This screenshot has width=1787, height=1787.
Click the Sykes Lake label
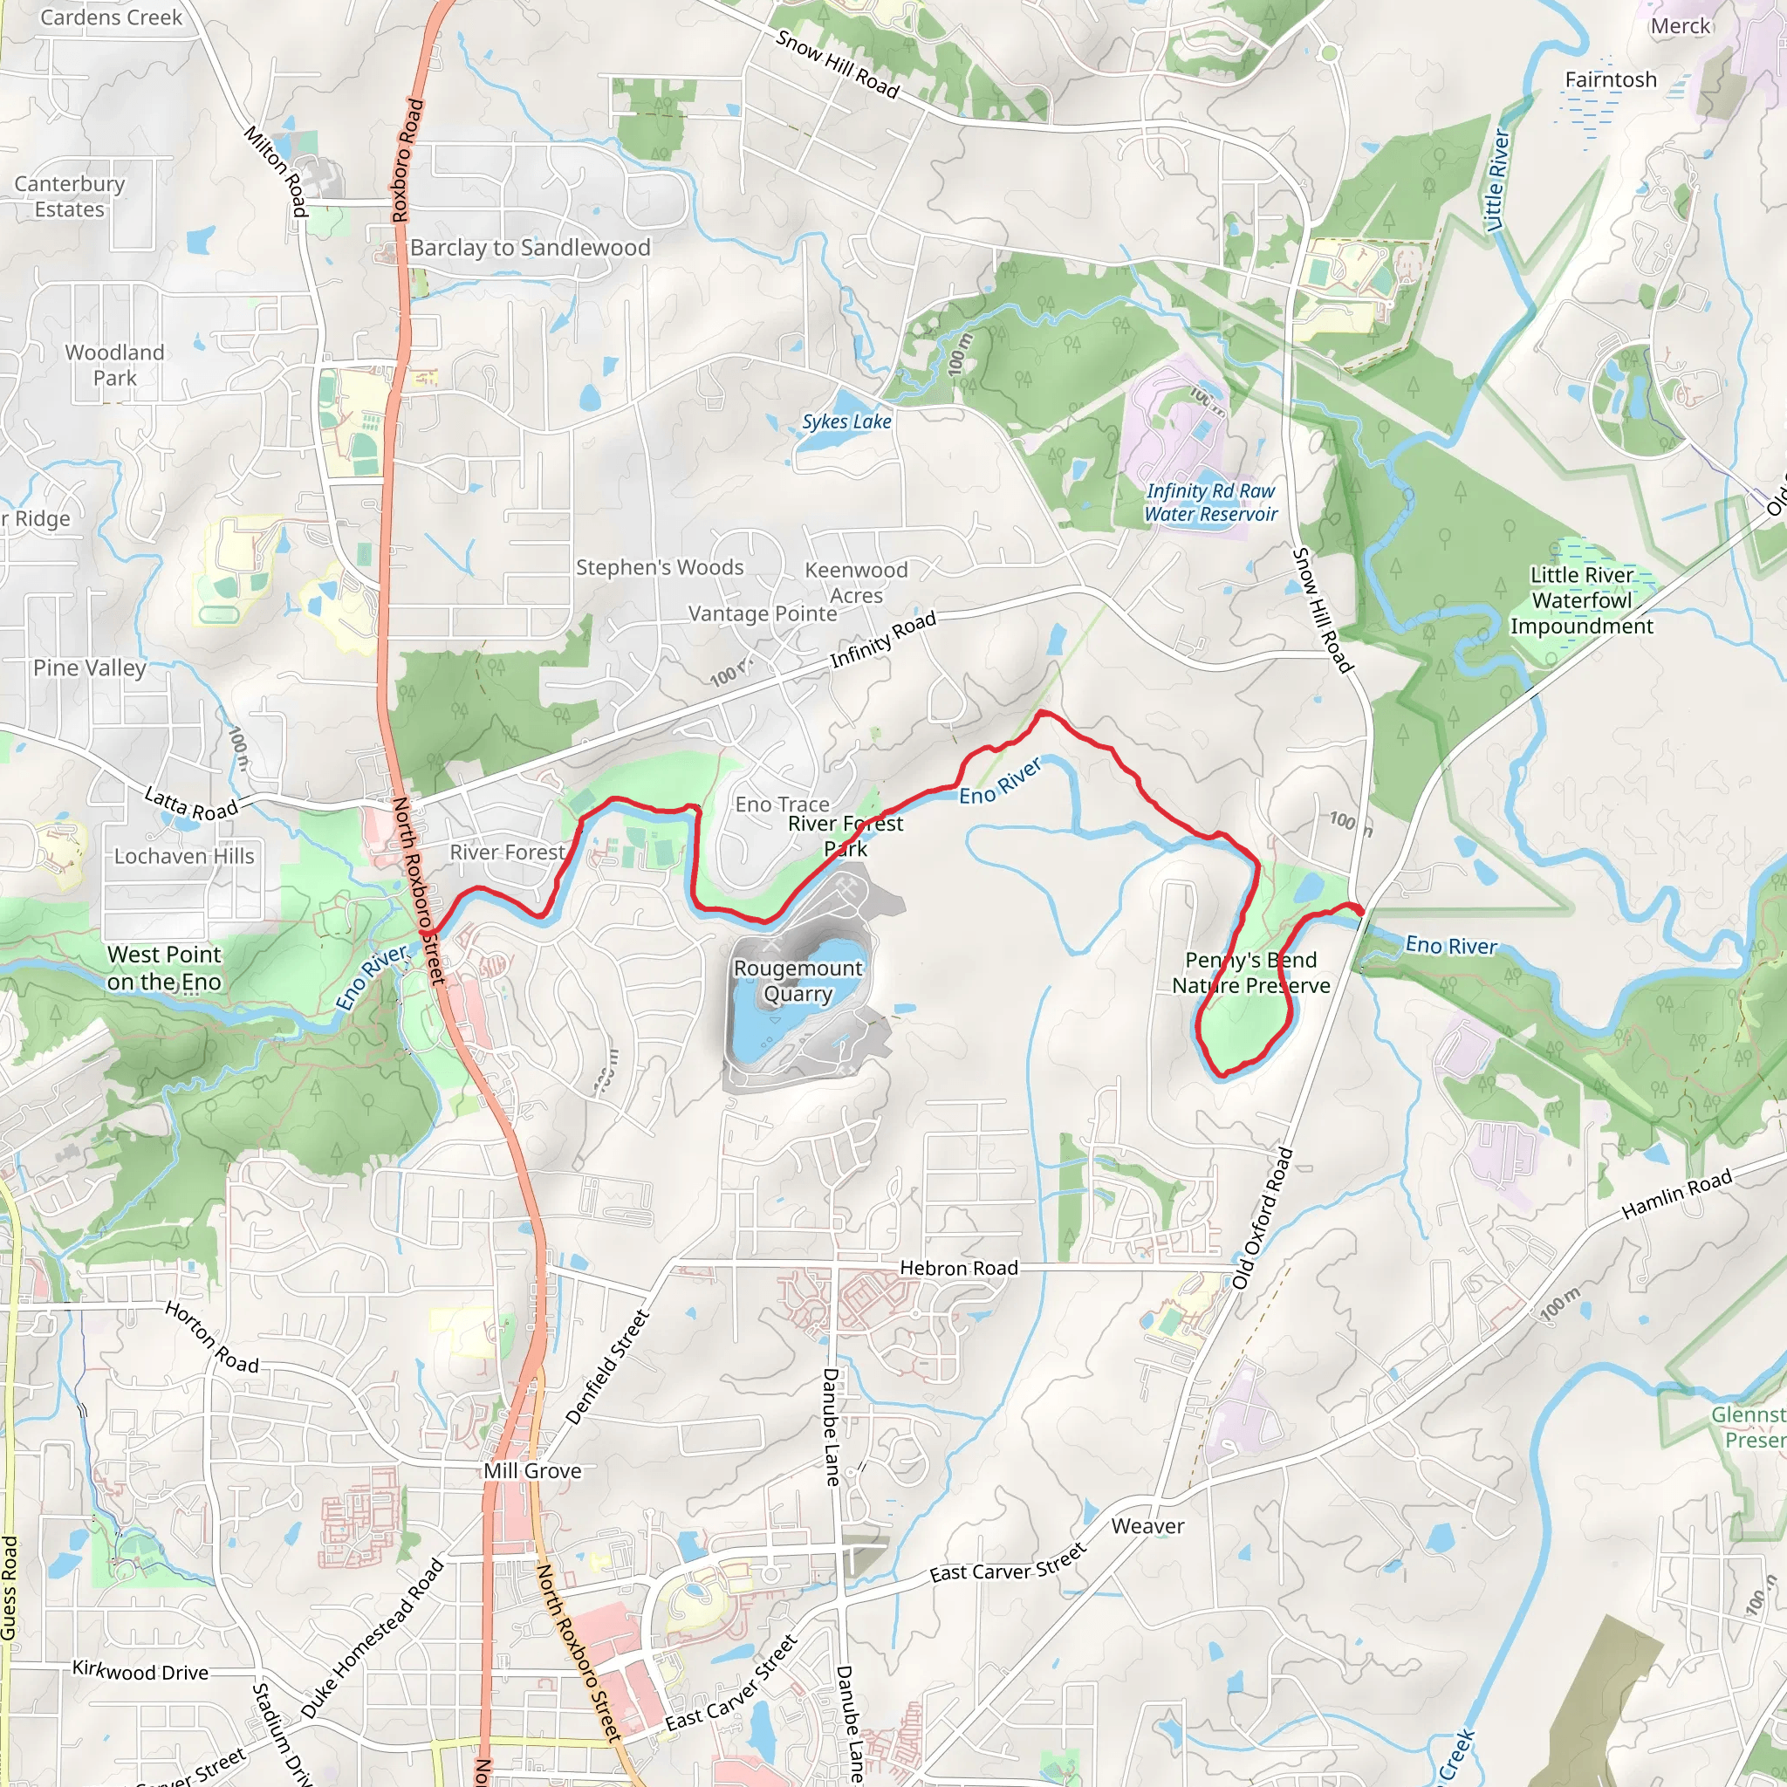tap(846, 421)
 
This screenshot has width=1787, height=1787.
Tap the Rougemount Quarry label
tap(798, 981)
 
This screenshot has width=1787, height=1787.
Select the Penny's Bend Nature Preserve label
tap(1250, 972)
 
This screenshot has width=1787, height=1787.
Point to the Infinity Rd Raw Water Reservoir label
tap(1211, 503)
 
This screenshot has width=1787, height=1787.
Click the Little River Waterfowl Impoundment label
tap(1582, 600)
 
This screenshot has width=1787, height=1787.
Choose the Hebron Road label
tap(958, 1268)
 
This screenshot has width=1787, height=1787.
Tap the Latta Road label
tap(191, 803)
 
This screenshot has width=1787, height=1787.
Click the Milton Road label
tap(276, 171)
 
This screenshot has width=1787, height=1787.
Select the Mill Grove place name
tap(533, 1470)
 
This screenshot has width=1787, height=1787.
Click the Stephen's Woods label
tap(660, 567)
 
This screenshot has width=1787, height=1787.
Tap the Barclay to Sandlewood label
tap(530, 248)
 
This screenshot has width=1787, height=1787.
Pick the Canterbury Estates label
tap(70, 196)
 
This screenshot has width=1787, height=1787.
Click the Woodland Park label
tap(114, 366)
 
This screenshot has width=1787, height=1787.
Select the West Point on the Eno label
tap(165, 968)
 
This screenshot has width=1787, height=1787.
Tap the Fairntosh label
tap(1611, 79)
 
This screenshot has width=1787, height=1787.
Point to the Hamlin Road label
tap(1676, 1195)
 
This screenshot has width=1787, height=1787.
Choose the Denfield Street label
tap(606, 1367)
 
